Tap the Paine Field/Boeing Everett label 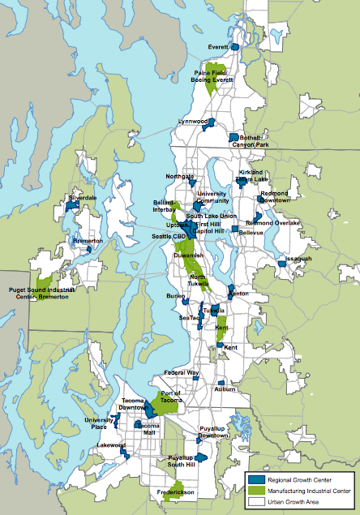point(213,78)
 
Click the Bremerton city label point(88,241)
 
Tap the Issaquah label point(298,259)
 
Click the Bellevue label point(251,233)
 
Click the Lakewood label point(110,445)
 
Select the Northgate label point(180,176)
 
